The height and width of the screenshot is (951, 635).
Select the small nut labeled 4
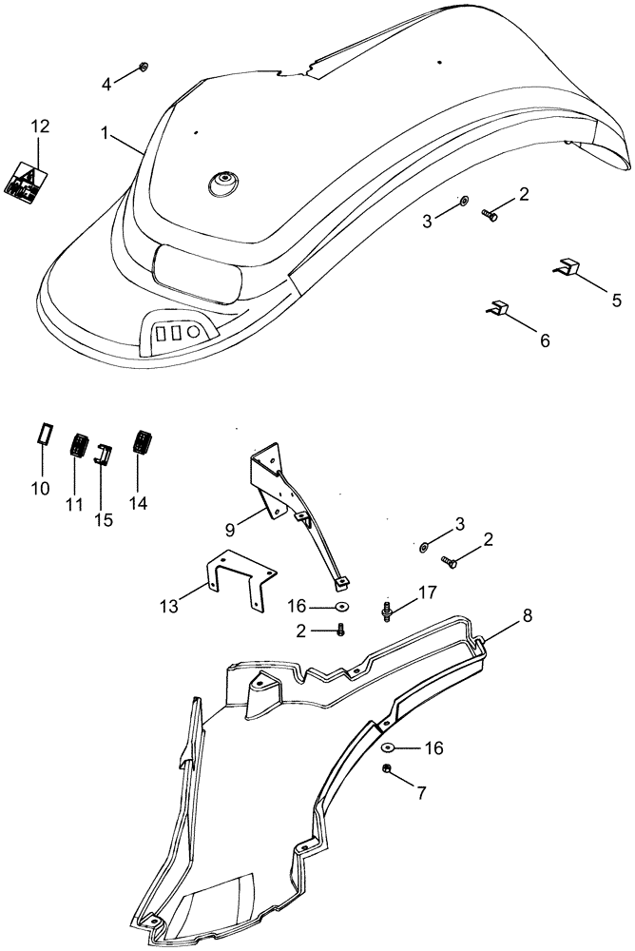[142, 66]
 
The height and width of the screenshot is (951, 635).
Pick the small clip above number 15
[104, 454]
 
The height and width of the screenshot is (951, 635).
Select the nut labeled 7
[387, 768]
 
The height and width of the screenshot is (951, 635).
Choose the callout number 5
[616, 301]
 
